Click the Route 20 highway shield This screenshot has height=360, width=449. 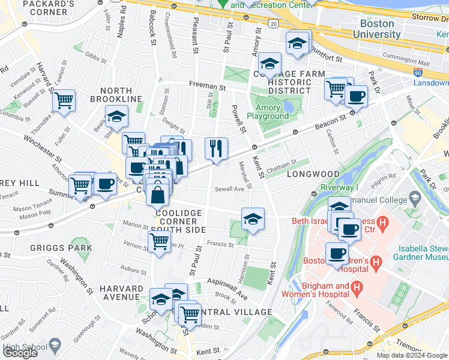click(274, 23)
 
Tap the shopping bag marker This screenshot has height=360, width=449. click(157, 195)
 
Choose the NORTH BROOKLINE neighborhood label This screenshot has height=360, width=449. click(117, 99)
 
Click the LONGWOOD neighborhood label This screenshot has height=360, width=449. click(313, 175)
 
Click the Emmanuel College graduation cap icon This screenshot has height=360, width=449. click(415, 197)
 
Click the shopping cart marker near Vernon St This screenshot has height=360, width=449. click(159, 241)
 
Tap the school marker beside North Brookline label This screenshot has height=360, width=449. click(117, 116)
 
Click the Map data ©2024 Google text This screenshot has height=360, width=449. click(411, 355)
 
